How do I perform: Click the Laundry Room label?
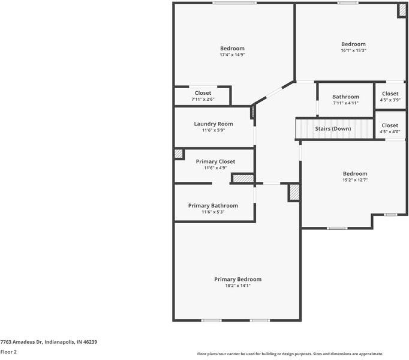213,124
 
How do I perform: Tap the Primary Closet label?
215,161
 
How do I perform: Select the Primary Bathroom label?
213,206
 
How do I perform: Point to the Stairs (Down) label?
333,129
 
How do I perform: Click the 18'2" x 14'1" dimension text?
238,286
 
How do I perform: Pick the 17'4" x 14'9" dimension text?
233,55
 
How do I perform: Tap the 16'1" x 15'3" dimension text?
353,50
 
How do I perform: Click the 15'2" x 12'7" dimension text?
355,180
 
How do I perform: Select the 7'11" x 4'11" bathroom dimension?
345,103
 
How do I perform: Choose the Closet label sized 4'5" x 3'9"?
390,94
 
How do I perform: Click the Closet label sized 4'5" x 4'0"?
390,125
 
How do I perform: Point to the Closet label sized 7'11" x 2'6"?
203,93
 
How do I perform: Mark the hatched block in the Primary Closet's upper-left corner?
179,154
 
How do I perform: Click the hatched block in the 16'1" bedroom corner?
402,10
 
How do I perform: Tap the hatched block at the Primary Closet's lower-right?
243,179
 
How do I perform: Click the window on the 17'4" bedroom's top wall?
234,3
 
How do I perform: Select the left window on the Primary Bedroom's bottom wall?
212,320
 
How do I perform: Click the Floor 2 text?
8,352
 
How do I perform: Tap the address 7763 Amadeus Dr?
22,342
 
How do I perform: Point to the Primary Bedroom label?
238,280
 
